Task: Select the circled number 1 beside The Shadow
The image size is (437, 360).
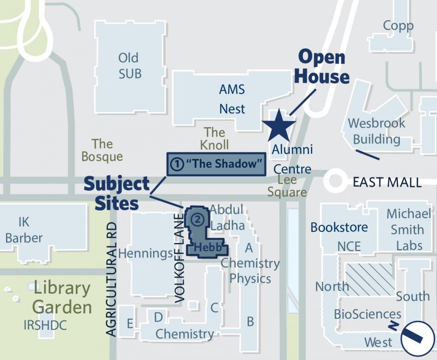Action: pyautogui.click(x=176, y=164)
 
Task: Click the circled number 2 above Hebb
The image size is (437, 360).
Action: pyautogui.click(x=198, y=219)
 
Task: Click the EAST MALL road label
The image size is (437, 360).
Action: pyautogui.click(x=387, y=182)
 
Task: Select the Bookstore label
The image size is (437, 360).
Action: pyautogui.click(x=339, y=227)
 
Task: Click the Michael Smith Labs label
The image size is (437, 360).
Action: pyautogui.click(x=408, y=229)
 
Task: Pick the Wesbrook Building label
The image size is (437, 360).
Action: pyautogui.click(x=376, y=131)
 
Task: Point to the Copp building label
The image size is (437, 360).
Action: pyautogui.click(x=398, y=26)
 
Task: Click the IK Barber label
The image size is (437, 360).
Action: pyautogui.click(x=24, y=230)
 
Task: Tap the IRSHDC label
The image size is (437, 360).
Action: pyautogui.click(x=45, y=325)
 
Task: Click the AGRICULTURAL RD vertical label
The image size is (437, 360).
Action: pyautogui.click(x=112, y=280)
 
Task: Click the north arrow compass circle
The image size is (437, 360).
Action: pyautogui.click(x=417, y=338)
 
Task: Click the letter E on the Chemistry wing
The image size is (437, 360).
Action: pyautogui.click(x=130, y=323)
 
